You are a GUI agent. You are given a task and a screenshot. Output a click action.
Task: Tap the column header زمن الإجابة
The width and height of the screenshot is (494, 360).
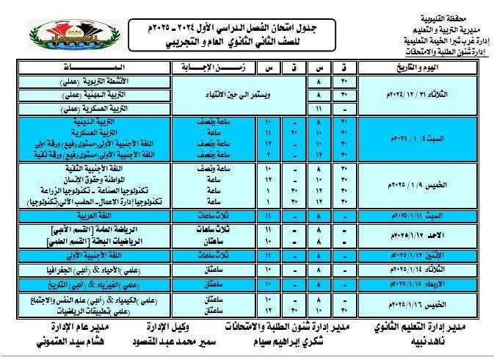pos(208,68)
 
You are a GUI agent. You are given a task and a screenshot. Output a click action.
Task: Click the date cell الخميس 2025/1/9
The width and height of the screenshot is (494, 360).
pos(415,187)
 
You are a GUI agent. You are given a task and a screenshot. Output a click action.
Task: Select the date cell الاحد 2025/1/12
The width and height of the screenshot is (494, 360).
pos(415,234)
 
